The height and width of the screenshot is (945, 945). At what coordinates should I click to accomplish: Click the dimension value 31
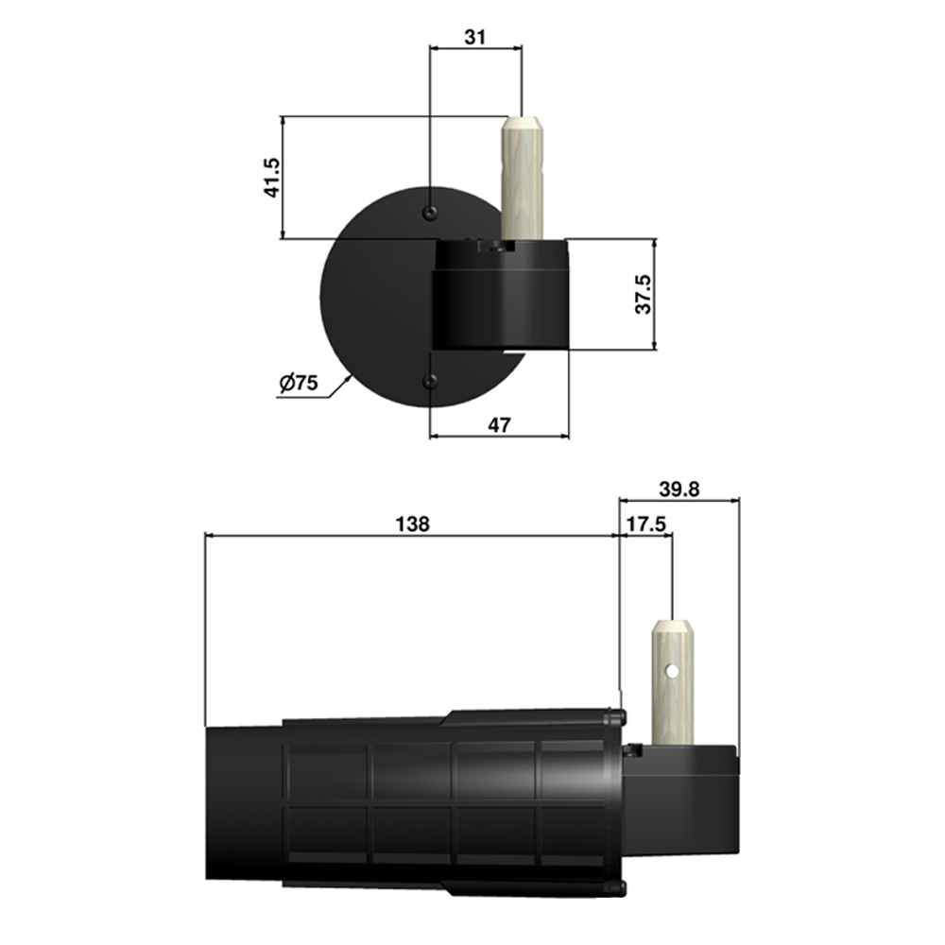475,38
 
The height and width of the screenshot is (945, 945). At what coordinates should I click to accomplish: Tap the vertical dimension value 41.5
272,178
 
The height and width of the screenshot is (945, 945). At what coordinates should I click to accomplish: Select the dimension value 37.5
644,294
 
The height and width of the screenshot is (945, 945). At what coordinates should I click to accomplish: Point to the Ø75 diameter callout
299,383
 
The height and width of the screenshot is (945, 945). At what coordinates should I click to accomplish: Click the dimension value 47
499,425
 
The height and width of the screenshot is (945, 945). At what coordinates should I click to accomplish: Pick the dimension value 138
412,524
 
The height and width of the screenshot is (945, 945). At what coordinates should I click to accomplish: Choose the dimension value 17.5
646,524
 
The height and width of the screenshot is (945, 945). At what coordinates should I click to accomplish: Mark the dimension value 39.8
679,490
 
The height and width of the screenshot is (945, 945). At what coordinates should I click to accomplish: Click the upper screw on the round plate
430,212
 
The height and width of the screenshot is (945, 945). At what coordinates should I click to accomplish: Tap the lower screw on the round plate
430,380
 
